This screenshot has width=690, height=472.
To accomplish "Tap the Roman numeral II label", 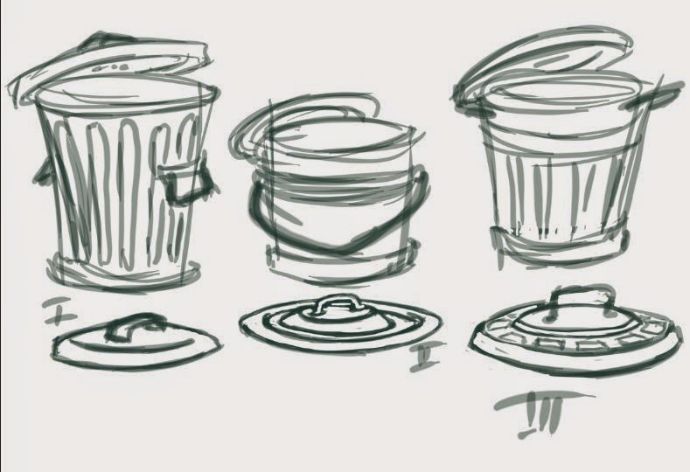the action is (426, 356).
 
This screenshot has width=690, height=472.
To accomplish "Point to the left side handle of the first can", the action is (43, 171).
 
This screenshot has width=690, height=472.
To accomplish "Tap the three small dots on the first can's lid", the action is (111, 68).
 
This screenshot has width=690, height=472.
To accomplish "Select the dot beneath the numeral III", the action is (525, 434).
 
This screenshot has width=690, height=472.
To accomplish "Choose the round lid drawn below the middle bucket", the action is (339, 323).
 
